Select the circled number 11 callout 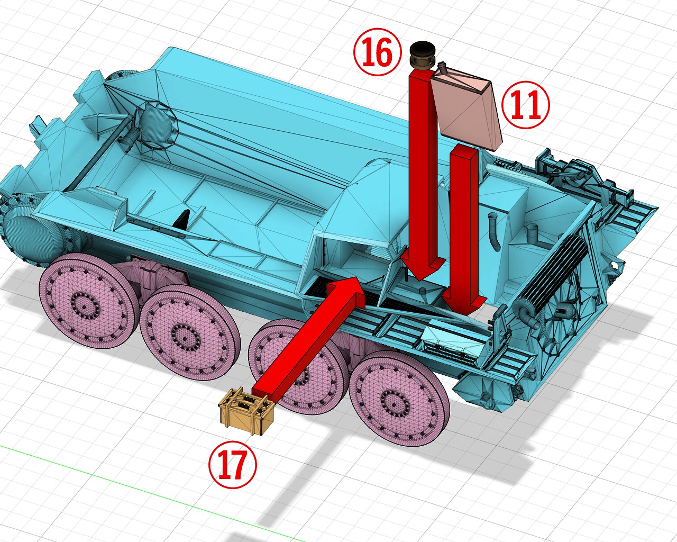pos(525,104)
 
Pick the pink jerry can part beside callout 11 pos(465,108)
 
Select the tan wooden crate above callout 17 pos(246,411)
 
